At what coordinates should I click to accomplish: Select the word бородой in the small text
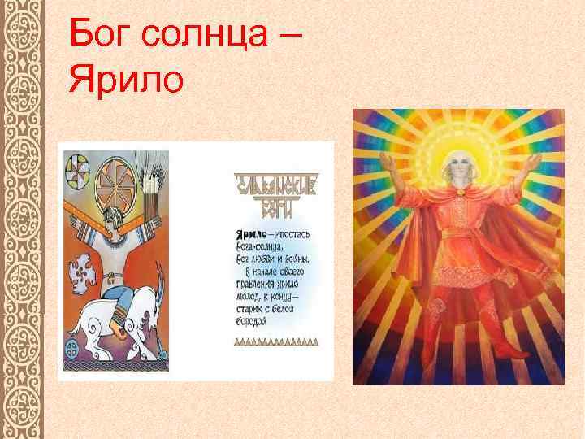(x=253, y=320)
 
